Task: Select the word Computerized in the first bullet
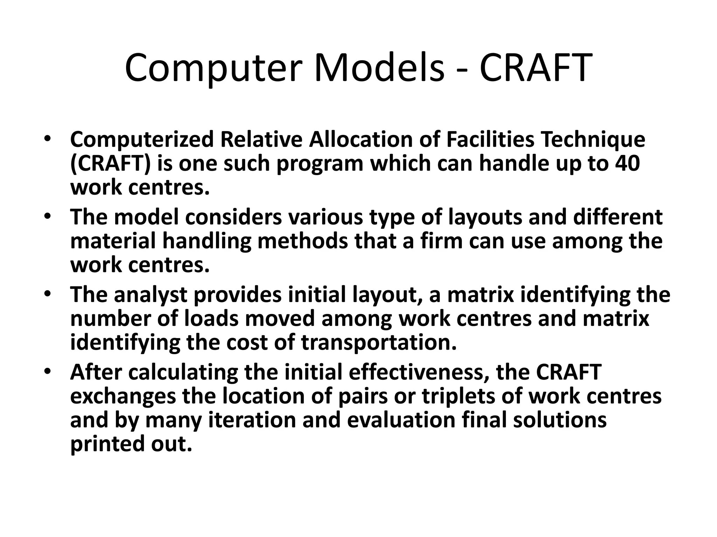[x=142, y=139]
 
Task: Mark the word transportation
[x=379, y=343]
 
